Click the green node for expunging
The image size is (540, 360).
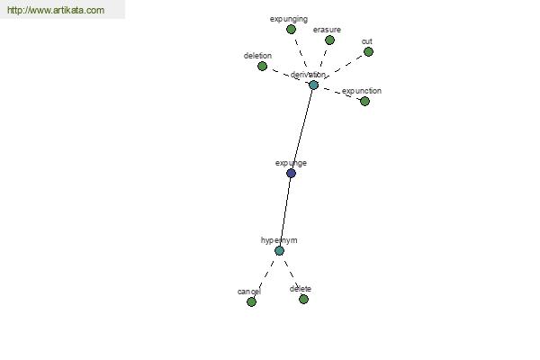point(291,30)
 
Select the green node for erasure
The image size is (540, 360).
point(329,40)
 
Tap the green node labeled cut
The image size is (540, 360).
point(368,51)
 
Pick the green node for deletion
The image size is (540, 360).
point(263,66)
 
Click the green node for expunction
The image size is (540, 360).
point(364,102)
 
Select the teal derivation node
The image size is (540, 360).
point(313,85)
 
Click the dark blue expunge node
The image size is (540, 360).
point(291,174)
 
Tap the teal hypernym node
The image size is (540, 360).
point(279,251)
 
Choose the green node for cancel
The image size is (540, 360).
point(251,302)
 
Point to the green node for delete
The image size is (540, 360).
point(303,300)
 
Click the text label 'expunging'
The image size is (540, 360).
point(289,19)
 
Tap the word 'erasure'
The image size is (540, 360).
point(327,30)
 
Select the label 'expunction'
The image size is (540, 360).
point(362,91)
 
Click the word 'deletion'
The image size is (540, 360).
point(257,56)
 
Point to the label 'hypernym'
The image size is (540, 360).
point(279,240)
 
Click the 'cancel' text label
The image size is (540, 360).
point(249,292)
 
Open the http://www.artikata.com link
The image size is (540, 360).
point(56,10)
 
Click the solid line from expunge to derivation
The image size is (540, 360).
point(302,130)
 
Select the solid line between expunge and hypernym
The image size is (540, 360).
point(285,211)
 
